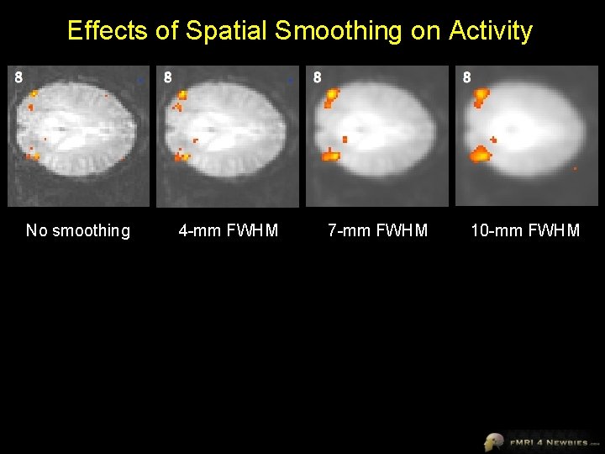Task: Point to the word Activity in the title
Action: coord(491,31)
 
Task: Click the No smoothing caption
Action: coord(78,230)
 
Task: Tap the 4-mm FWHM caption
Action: coord(229,230)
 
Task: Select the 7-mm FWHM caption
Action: coord(378,230)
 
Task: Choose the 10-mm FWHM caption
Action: coord(525,230)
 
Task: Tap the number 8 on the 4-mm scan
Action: coord(168,77)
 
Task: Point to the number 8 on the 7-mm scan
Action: coord(317,77)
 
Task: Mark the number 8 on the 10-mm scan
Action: coord(466,77)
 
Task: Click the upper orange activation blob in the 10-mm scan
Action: coord(481,96)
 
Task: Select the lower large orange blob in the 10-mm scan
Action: coord(480,154)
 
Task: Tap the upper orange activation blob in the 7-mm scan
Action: coord(331,98)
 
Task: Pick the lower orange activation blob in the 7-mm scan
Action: coord(330,155)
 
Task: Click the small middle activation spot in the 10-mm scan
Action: coord(494,139)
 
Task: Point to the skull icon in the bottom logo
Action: coord(494,441)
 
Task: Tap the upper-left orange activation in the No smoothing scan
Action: coord(33,94)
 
